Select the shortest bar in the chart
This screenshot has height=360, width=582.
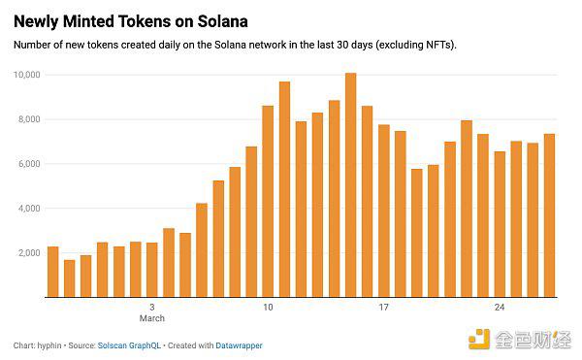click(69, 278)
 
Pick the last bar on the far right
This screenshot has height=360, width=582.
click(549, 215)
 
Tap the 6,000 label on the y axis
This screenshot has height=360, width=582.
click(27, 164)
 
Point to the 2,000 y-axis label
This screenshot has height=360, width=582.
click(27, 253)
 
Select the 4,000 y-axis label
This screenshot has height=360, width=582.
click(27, 209)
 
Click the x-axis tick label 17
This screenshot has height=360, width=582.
click(384, 308)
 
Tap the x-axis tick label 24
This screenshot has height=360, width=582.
click(500, 308)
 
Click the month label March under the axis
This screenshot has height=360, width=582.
click(152, 318)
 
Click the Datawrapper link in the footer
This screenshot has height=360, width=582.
click(238, 345)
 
